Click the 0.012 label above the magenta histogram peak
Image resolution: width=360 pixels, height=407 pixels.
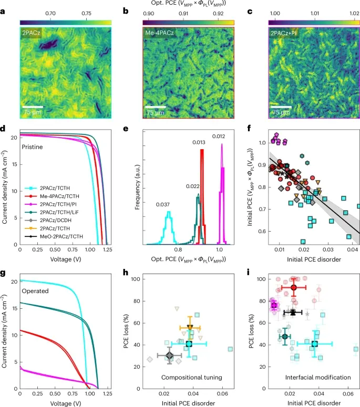click(218, 137)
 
